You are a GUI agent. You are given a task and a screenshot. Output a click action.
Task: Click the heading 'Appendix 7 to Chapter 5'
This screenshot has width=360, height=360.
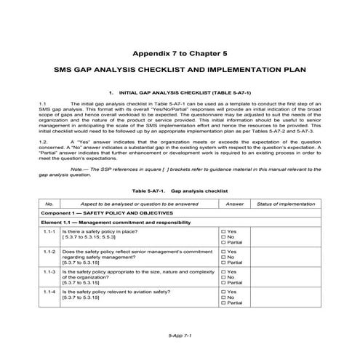tap(180, 54)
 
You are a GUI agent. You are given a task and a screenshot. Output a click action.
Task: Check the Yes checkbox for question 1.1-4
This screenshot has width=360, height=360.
tap(223, 290)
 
